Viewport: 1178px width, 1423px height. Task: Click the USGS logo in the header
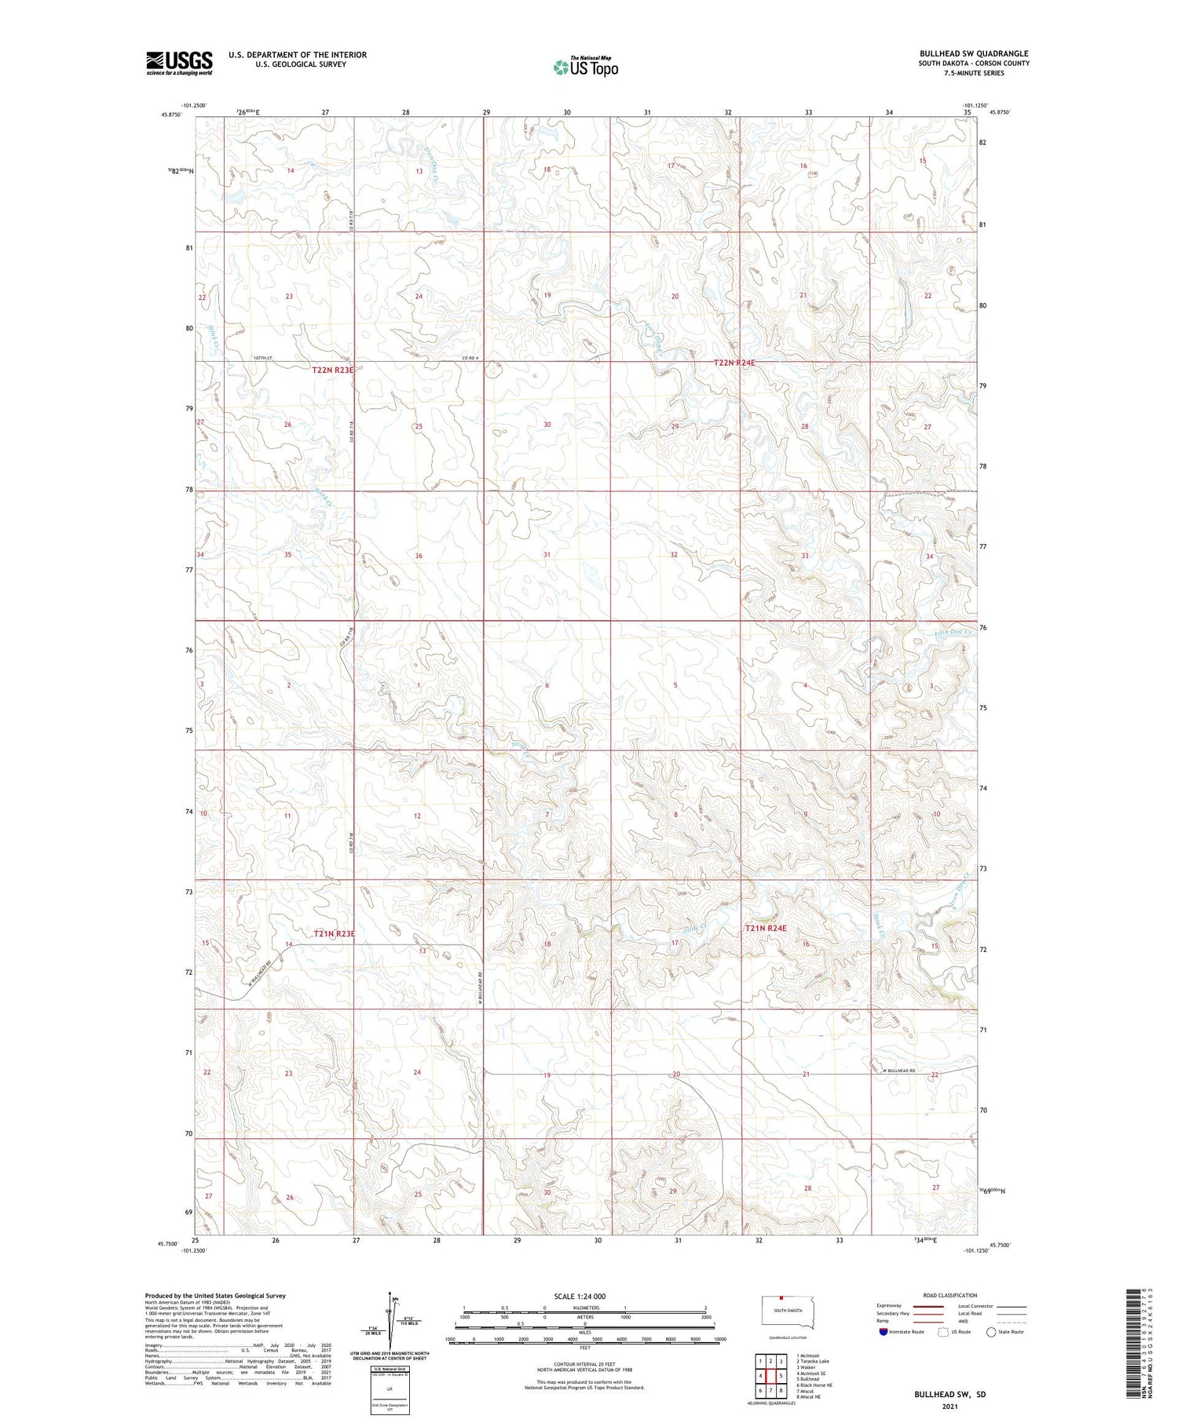click(178, 63)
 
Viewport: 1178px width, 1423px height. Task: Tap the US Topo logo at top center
click(585, 67)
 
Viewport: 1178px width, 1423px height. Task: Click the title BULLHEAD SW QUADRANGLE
click(973, 53)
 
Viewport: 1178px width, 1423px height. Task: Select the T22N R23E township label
click(333, 370)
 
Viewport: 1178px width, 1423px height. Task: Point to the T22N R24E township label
click(734, 363)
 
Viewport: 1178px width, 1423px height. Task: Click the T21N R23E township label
click(335, 933)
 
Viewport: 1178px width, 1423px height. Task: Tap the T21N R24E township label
click(765, 928)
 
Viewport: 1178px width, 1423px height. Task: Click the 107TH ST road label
click(262, 359)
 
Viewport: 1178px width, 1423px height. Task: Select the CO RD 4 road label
click(470, 359)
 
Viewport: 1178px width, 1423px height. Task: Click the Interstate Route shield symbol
click(883, 1332)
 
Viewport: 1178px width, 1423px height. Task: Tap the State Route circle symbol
click(991, 1332)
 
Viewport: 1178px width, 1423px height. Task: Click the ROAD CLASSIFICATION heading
click(949, 1295)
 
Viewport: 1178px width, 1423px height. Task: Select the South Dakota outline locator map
click(789, 1312)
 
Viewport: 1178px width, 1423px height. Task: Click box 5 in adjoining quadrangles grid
click(781, 1375)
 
